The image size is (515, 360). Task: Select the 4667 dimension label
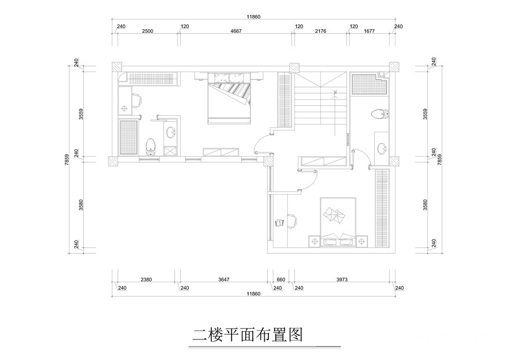point(236,31)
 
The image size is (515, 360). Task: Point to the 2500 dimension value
point(147,31)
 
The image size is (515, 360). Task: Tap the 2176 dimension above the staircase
point(320,31)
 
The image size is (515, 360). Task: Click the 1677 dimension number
point(369,31)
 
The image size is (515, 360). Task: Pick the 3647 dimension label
point(224,280)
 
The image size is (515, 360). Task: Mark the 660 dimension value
point(281,280)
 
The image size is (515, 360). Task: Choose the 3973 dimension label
point(342,280)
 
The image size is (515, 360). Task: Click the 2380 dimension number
point(146,280)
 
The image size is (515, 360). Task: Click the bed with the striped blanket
point(229,98)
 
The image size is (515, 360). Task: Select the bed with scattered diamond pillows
point(338,222)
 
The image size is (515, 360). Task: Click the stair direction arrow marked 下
point(335,113)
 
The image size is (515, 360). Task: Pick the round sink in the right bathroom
point(382,148)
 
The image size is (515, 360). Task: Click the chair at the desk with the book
point(293,221)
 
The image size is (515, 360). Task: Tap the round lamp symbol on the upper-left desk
point(125,108)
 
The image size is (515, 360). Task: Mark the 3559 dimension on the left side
point(81,114)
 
